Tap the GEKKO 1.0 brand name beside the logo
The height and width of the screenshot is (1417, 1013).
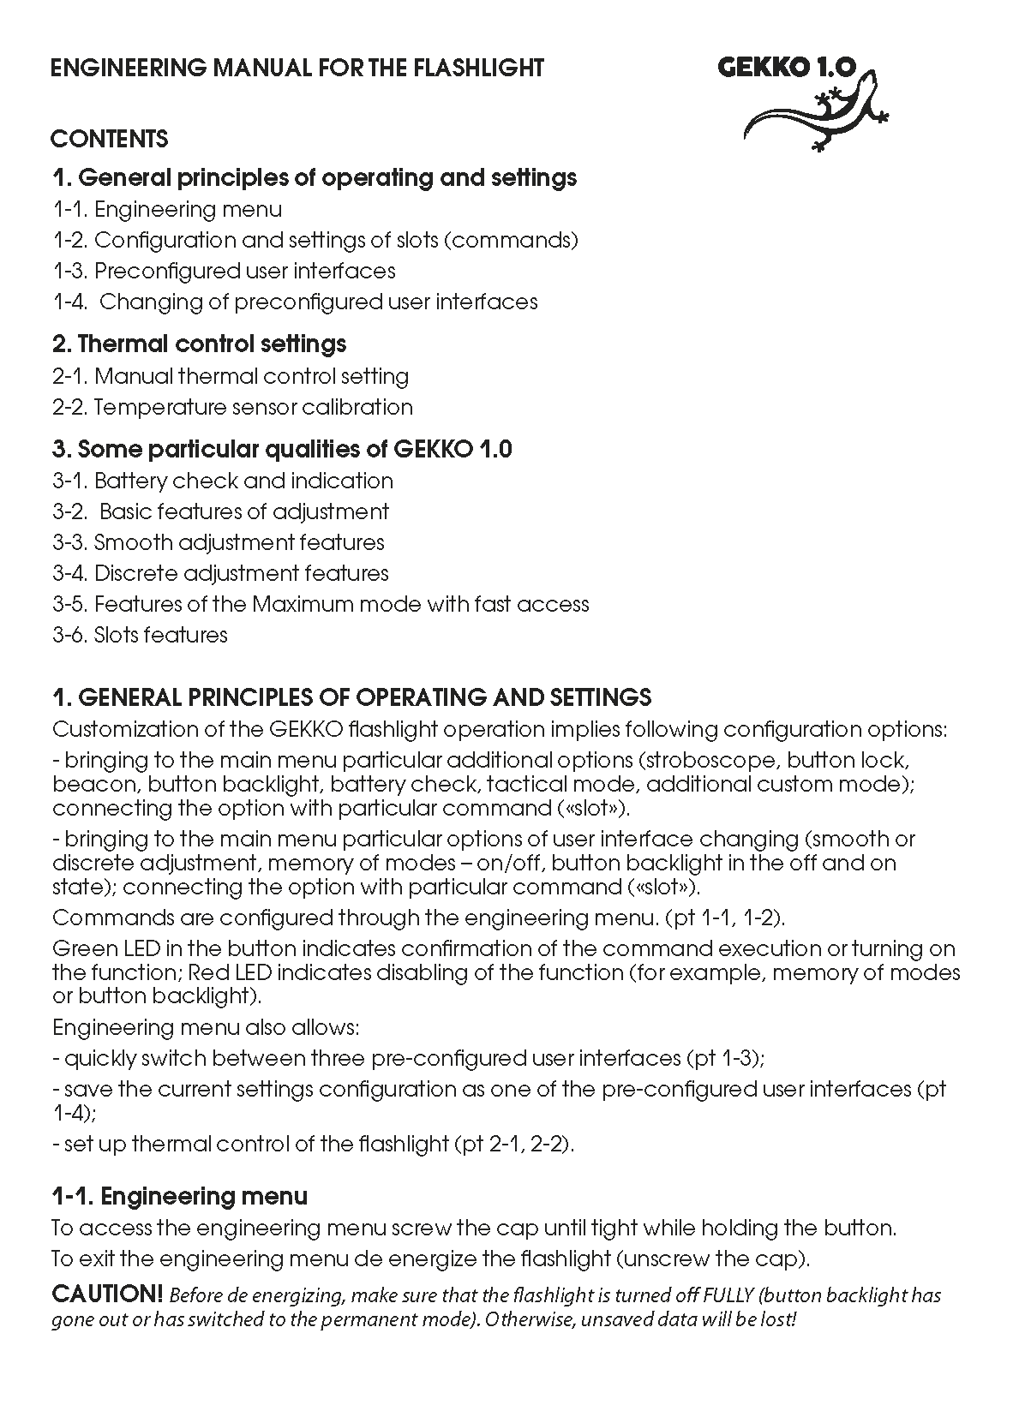[x=786, y=69]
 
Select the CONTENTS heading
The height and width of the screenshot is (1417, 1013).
[x=110, y=139]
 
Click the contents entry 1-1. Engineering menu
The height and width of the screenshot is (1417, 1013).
[x=167, y=209]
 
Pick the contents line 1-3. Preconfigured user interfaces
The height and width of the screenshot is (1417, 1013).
[x=224, y=271]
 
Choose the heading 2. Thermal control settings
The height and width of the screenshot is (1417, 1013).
[x=199, y=344]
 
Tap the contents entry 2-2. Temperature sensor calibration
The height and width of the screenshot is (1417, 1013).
[x=232, y=407]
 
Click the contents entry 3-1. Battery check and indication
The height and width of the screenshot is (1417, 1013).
[x=223, y=481]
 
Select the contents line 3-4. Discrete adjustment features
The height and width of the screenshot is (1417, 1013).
[x=220, y=573]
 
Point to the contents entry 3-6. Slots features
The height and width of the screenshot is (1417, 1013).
[x=140, y=635]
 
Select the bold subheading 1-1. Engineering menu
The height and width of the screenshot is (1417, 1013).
[x=180, y=1196]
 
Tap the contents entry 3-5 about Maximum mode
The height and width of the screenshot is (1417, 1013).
[x=321, y=604]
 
